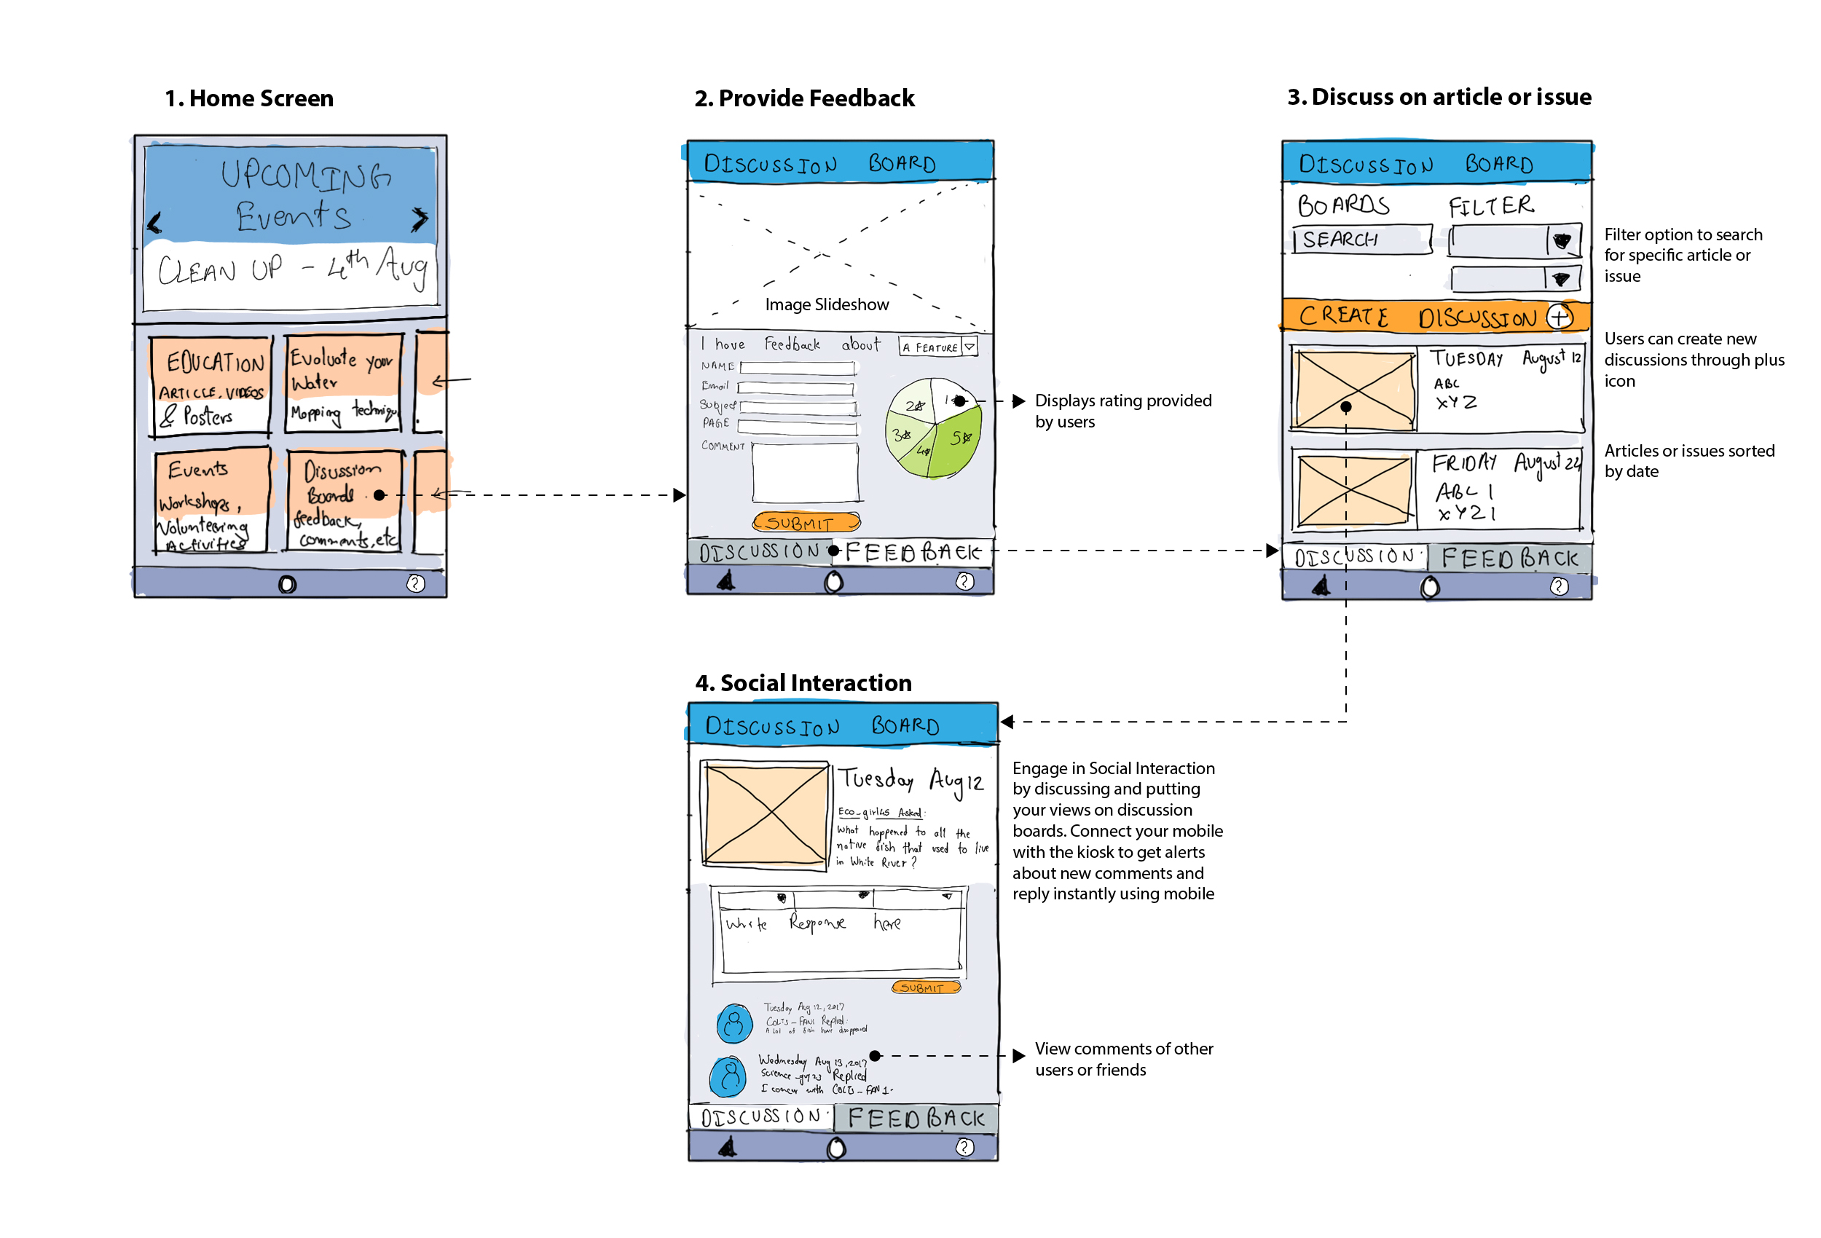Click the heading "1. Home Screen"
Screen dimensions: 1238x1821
tap(249, 99)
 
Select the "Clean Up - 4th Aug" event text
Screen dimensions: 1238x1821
tap(291, 268)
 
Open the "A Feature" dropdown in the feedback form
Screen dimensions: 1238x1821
tap(938, 347)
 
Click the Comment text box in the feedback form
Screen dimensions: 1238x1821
tap(806, 472)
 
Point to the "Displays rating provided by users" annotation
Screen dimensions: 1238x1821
tap(1123, 411)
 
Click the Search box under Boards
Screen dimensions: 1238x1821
tap(1362, 240)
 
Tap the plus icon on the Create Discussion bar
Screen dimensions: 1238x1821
tap(1559, 317)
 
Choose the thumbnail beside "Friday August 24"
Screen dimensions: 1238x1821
tap(1354, 492)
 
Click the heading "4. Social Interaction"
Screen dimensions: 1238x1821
tap(803, 683)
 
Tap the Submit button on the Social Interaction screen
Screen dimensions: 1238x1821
tap(925, 988)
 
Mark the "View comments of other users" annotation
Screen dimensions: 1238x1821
tap(1123, 1060)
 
